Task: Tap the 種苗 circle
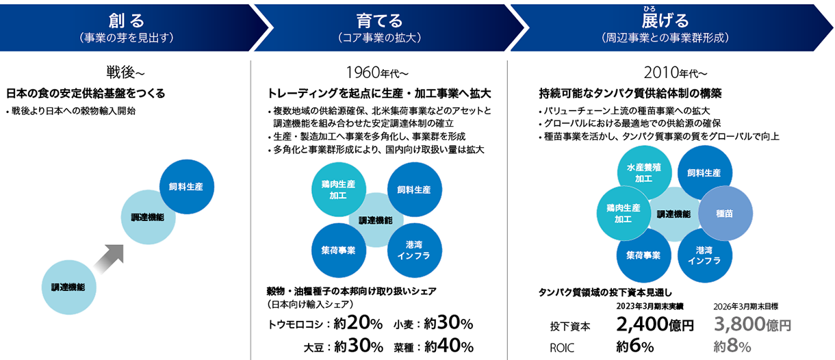coord(725,213)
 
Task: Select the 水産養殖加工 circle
coord(644,172)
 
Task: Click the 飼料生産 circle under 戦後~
coord(186,187)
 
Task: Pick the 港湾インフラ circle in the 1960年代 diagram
coord(415,250)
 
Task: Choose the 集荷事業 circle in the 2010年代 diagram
coord(644,255)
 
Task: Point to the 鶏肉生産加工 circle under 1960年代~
coord(339,190)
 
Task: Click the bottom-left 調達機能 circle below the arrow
coord(68,287)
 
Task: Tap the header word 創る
coord(127,21)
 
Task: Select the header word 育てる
coord(379,21)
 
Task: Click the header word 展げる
coord(665,21)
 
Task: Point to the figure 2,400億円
coord(655,324)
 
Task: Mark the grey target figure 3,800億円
coord(752,324)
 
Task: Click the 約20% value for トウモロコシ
coord(358,323)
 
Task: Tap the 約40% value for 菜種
coord(449,346)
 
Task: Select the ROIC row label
coord(562,348)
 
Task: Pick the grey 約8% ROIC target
coord(732,346)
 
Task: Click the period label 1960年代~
coord(377,73)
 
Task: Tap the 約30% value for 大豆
coord(359,346)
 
